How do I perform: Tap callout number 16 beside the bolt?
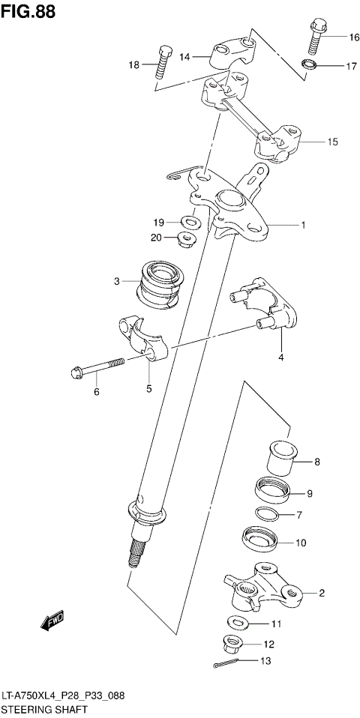point(353,37)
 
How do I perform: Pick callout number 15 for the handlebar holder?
point(332,141)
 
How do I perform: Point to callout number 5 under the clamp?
point(148,388)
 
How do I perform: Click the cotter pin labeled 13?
point(226,663)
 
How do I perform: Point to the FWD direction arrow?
point(53,621)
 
